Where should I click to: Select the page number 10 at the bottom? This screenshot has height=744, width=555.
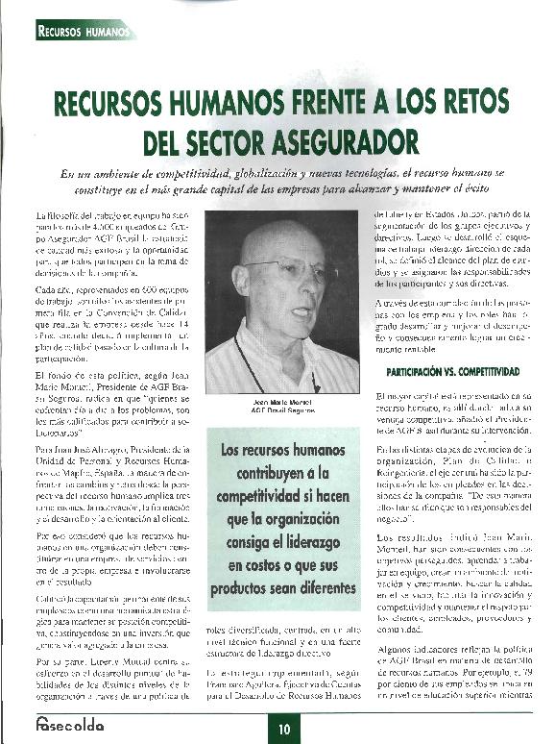point(284,728)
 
